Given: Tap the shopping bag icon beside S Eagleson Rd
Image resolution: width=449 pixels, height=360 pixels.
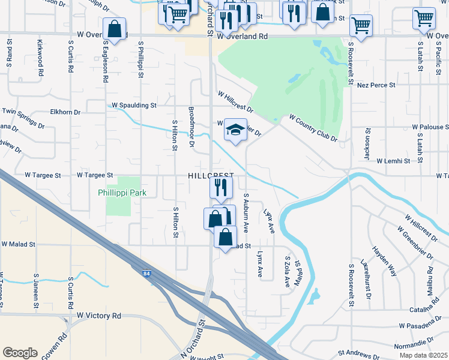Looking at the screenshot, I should pos(114,29).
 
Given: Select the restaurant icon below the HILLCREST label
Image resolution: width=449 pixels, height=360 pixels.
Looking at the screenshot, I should pos(221,188).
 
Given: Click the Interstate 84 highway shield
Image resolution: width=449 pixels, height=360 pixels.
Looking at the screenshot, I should pos(146,274).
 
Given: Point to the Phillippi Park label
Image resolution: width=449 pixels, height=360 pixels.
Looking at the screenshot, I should pos(122,193).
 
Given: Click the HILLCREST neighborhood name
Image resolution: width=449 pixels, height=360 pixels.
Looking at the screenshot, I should pos(210,175).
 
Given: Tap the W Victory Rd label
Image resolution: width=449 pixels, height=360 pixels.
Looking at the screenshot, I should pos(99,316).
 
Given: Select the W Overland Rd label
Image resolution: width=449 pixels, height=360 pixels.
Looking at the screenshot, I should pos(243,36).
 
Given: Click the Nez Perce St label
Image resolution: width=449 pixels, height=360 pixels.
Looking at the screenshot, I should pos(376,85).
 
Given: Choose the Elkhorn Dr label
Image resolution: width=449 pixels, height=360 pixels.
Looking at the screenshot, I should pos(65,112).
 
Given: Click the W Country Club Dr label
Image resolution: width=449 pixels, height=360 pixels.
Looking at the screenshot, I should pos(313,128).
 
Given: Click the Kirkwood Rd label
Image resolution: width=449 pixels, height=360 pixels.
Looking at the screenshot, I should pos(40,57).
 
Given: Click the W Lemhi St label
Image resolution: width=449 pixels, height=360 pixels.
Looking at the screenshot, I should pos(393,161).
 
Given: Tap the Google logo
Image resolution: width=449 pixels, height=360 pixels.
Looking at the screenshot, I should pos(20,353).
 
